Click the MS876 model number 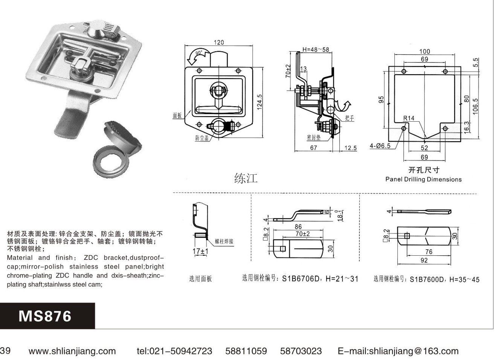click(x=45, y=316)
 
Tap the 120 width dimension click(x=219, y=43)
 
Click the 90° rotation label click(x=199, y=53)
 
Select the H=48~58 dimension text click(x=316, y=49)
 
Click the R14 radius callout click(x=409, y=118)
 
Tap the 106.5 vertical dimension click(x=475, y=107)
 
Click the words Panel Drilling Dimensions click(x=423, y=179)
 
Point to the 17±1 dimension click(x=200, y=251)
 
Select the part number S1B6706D click(x=301, y=279)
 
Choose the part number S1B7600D click(x=427, y=279)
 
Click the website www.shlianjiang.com click(x=72, y=351)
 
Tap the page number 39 click(x=5, y=351)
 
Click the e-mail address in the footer click(x=398, y=351)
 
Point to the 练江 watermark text click(x=246, y=178)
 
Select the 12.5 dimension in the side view click(x=351, y=148)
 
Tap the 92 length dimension click(x=424, y=260)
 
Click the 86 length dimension click(x=298, y=227)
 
